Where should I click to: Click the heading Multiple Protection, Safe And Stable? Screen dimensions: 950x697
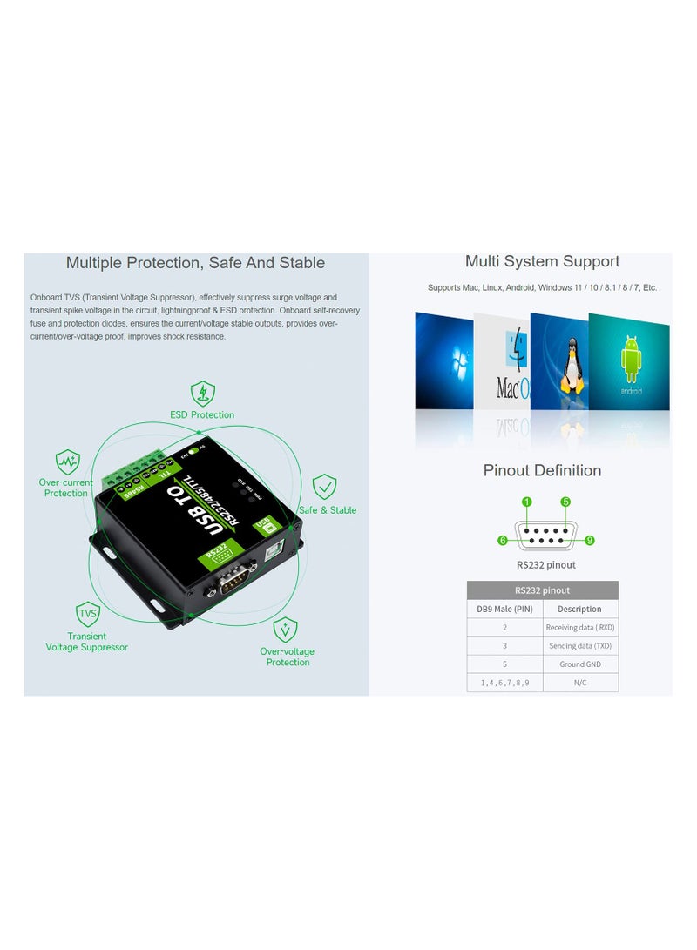(x=195, y=263)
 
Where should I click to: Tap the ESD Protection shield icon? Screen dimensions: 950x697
(x=202, y=393)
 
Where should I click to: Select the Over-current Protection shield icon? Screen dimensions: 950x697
(x=67, y=462)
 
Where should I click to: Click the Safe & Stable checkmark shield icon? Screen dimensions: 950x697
(x=324, y=487)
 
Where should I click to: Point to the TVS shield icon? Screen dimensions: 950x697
(x=88, y=614)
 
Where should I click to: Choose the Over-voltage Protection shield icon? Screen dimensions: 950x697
(x=286, y=629)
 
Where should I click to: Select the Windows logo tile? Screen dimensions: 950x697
(x=443, y=360)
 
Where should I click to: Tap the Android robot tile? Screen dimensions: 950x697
(x=630, y=360)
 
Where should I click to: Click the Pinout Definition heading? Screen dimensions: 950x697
(x=542, y=471)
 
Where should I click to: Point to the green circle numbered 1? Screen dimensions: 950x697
(x=526, y=502)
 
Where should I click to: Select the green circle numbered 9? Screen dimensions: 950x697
(x=590, y=541)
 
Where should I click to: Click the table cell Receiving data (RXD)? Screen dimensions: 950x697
(x=580, y=627)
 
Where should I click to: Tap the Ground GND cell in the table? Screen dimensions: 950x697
(x=580, y=664)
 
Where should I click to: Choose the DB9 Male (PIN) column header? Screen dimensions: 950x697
(x=504, y=609)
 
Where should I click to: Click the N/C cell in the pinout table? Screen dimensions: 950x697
(x=580, y=684)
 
